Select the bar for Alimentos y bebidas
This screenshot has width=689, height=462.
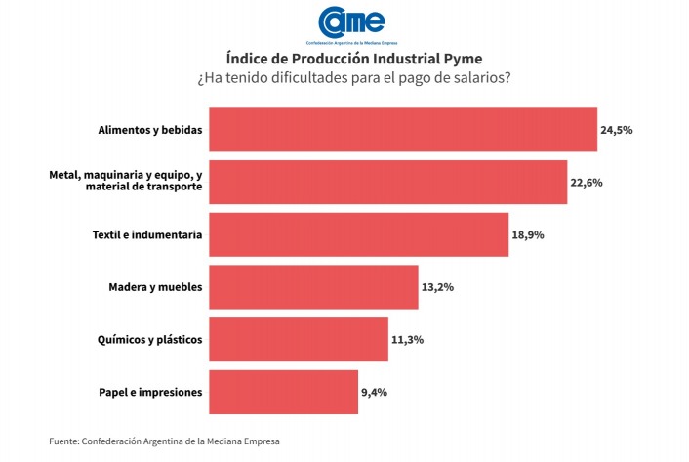[402, 130]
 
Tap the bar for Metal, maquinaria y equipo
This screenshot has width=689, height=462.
[387, 182]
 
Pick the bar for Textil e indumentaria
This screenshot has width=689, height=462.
[358, 234]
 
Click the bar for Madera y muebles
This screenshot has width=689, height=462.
[313, 287]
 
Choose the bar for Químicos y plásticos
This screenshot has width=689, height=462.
[299, 340]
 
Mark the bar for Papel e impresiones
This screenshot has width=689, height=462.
[283, 392]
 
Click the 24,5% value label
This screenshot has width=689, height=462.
[618, 130]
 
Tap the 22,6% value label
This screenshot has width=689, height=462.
[588, 182]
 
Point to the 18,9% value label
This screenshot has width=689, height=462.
[529, 234]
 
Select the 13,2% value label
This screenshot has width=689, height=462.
[438, 287]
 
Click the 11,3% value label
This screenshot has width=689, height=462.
[409, 340]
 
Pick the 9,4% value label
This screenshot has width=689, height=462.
[376, 392]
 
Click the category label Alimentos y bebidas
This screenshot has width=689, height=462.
[150, 130]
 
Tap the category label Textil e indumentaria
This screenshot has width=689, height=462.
[147, 234]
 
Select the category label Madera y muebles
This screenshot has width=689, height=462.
[155, 287]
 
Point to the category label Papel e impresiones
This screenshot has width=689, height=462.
[150, 392]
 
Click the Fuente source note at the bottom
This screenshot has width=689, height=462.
[171, 441]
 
